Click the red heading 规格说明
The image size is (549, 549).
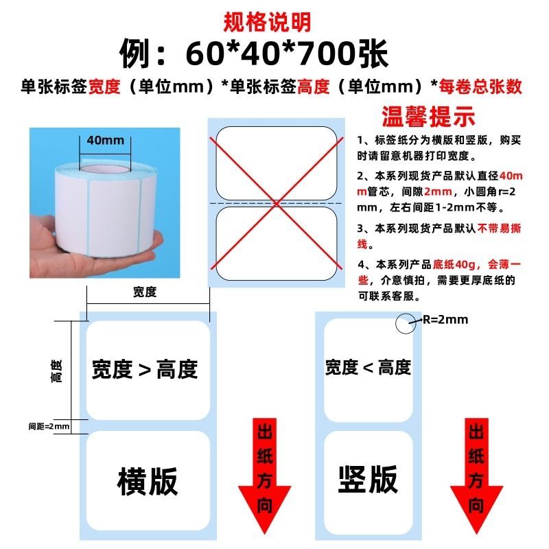[x=268, y=22]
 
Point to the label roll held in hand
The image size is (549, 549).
[x=103, y=206]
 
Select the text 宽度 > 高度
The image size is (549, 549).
[x=145, y=370]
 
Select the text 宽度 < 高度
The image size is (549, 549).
[x=368, y=367]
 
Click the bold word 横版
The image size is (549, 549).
[x=148, y=480]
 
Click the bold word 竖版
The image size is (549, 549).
[x=368, y=478]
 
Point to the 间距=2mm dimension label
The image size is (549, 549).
[x=49, y=426]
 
